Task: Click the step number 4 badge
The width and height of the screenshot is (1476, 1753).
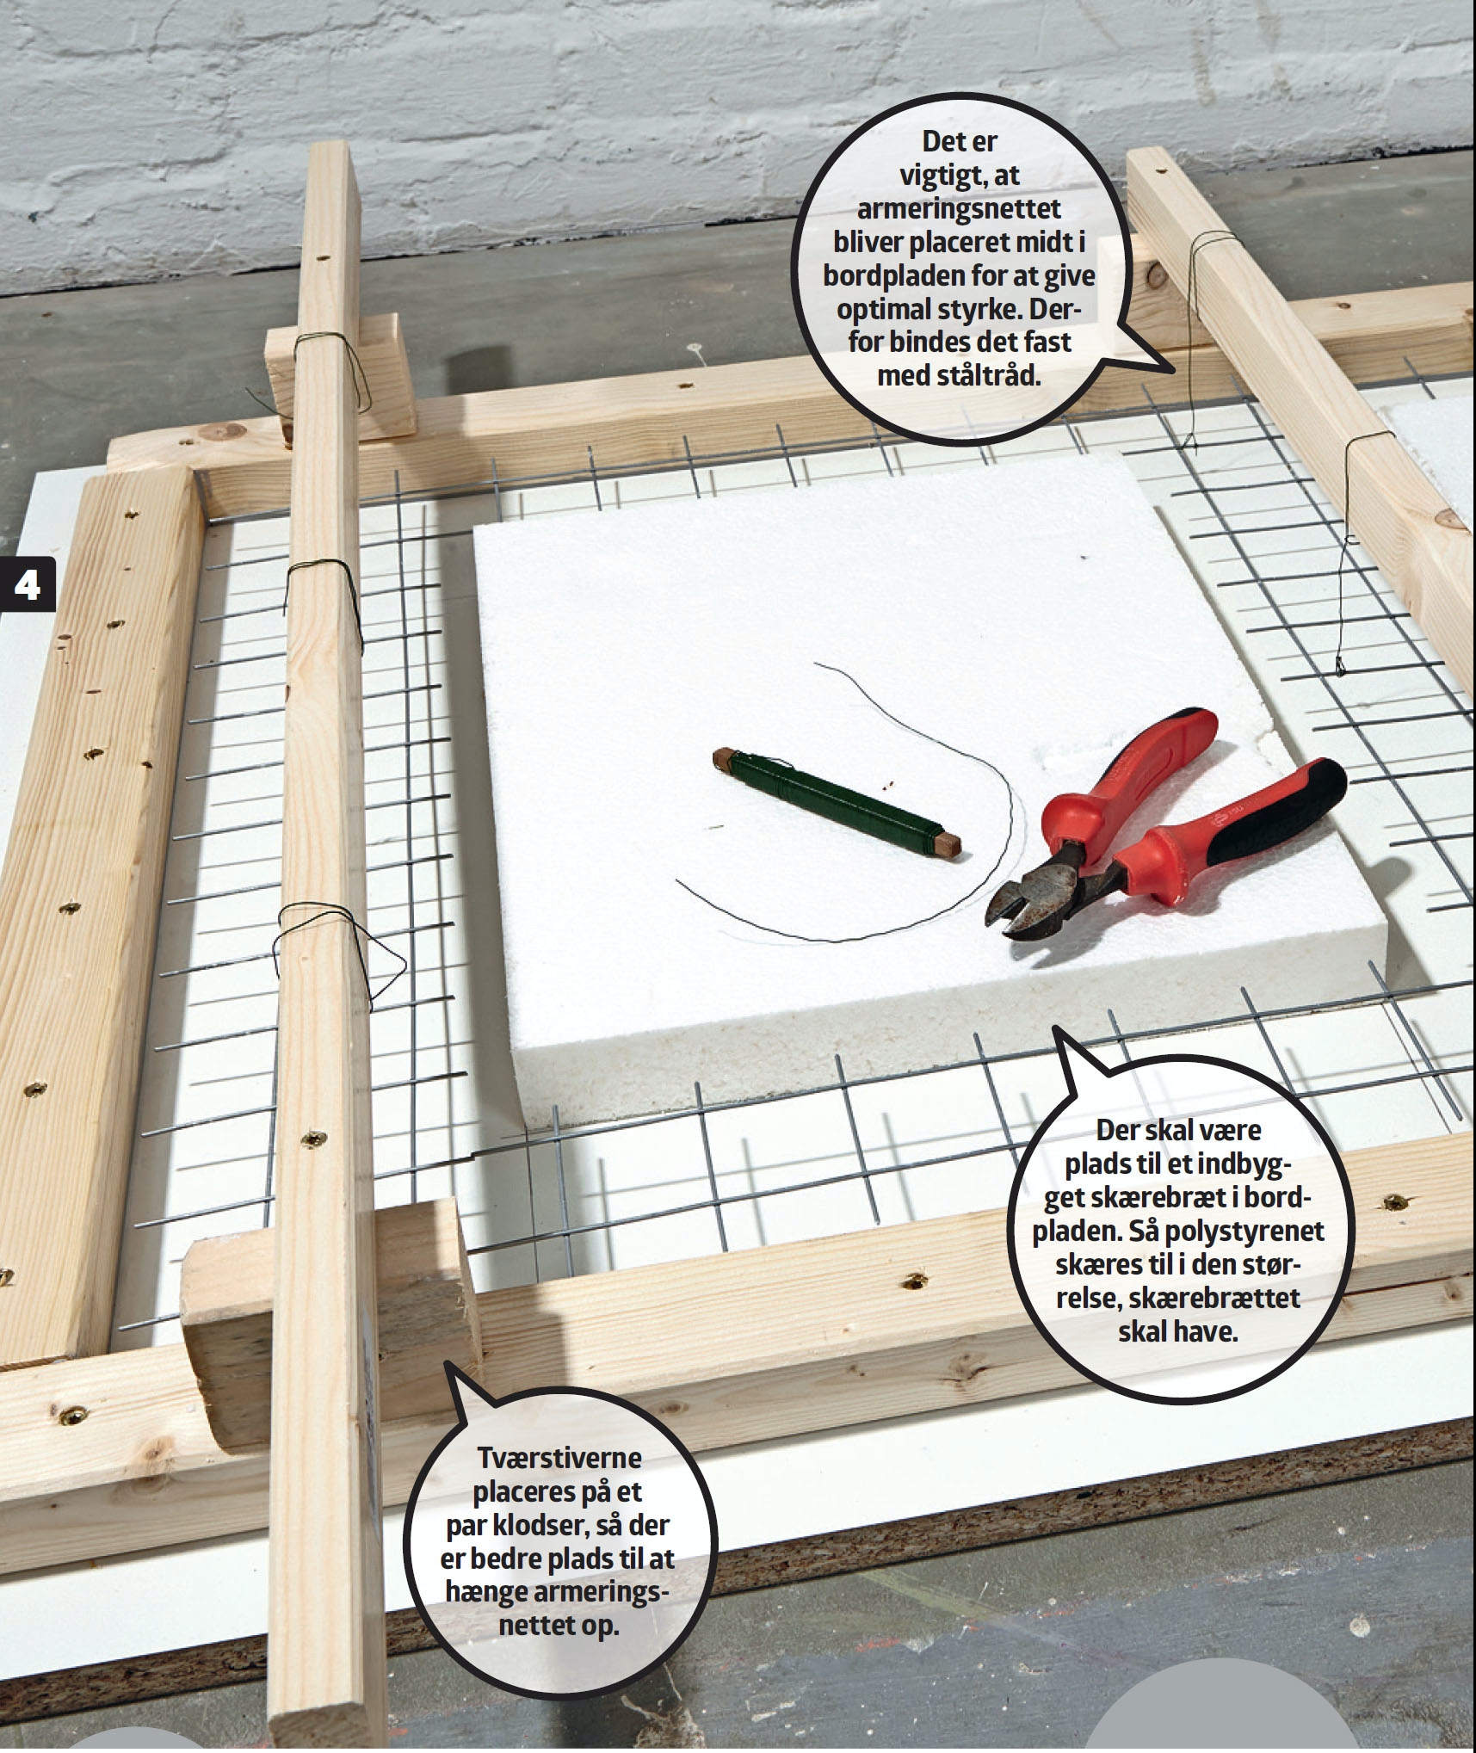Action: pyautogui.click(x=27, y=584)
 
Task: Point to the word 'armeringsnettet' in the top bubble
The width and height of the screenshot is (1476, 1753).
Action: pyautogui.click(x=959, y=209)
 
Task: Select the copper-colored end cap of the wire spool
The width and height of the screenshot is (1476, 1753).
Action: pyautogui.click(x=720, y=758)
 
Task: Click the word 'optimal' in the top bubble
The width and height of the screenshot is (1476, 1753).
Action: pyautogui.click(x=891, y=310)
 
